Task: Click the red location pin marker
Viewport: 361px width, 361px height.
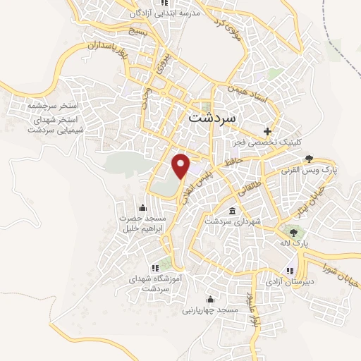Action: tap(182, 165)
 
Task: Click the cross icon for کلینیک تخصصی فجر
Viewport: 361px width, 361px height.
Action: tap(267, 131)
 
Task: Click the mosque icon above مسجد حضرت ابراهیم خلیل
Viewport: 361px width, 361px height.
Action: tap(143, 207)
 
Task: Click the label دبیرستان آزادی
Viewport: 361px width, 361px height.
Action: tap(290, 281)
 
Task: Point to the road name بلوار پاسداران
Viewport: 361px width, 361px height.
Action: tap(90, 48)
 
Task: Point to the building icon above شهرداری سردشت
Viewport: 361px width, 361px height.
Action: tap(233, 210)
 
